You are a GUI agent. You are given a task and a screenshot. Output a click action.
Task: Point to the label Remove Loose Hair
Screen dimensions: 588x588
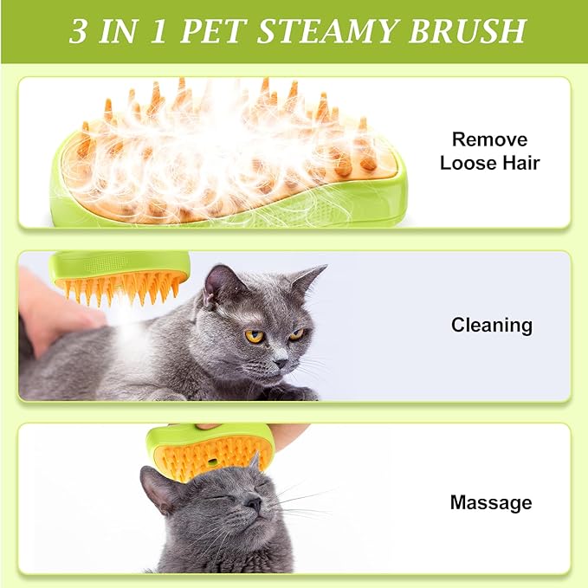(489, 151)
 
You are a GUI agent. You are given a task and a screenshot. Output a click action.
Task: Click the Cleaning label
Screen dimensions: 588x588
(491, 326)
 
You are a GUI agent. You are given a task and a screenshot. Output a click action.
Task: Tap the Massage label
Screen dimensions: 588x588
(491, 502)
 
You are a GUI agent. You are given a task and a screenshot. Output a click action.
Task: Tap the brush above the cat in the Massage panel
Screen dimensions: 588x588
(210, 451)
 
